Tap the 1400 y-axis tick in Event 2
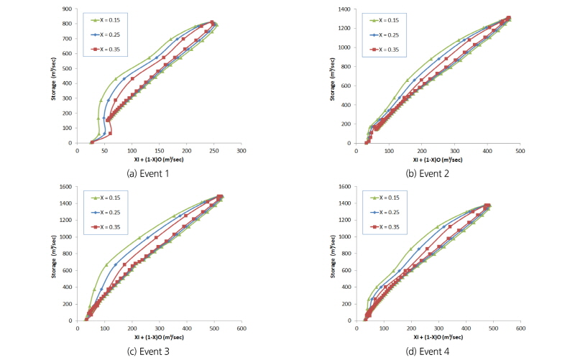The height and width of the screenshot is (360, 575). [346, 9]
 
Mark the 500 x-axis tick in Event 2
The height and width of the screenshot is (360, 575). [520, 151]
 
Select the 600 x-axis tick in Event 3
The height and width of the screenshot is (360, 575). [241, 329]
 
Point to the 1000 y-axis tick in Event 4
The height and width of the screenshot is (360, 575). [346, 237]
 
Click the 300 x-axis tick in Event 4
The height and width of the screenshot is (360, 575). [438, 329]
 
